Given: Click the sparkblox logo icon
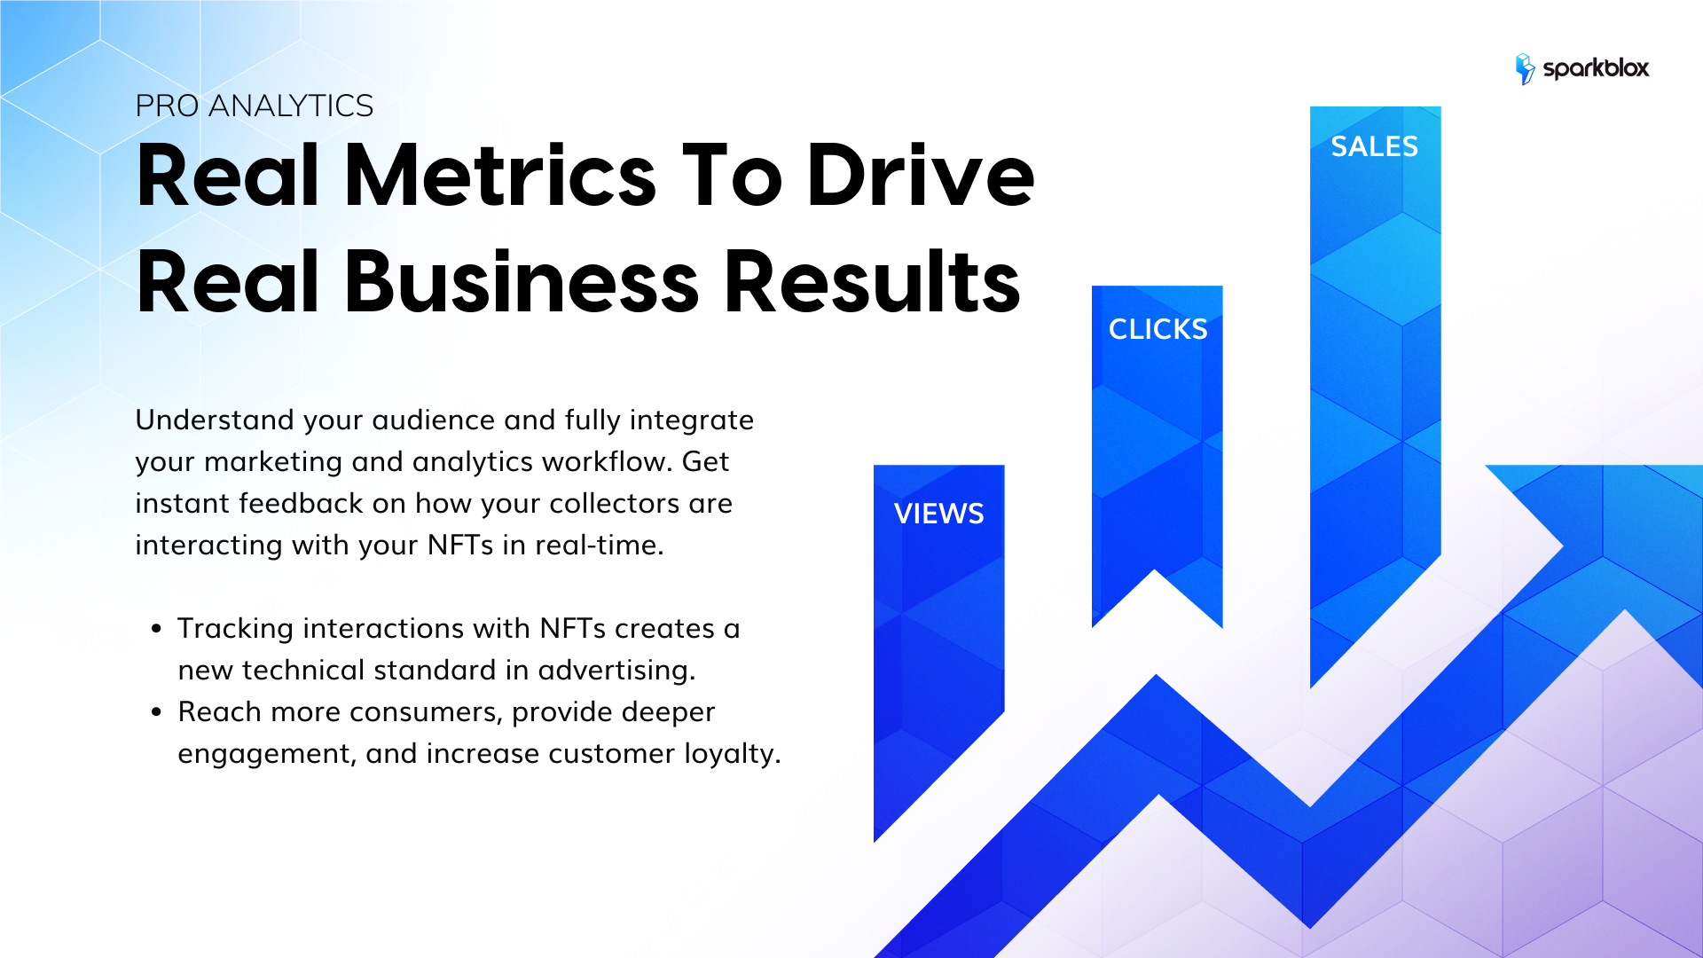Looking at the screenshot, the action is click(1525, 68).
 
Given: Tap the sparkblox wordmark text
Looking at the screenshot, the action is click(1596, 68).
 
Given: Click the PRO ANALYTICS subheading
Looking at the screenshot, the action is click(254, 106).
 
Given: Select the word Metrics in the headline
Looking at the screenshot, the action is click(499, 176).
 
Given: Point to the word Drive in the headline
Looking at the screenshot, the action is click(920, 176).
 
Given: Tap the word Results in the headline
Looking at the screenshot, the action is click(872, 281).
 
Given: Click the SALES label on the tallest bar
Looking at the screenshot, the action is click(1374, 146).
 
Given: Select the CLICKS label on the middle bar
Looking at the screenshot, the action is click(1158, 329).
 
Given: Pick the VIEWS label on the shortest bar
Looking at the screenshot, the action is click(938, 514).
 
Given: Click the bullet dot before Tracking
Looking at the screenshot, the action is click(157, 629).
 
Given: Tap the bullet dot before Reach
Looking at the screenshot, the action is click(157, 712).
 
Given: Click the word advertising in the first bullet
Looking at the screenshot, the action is click(616, 671).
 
